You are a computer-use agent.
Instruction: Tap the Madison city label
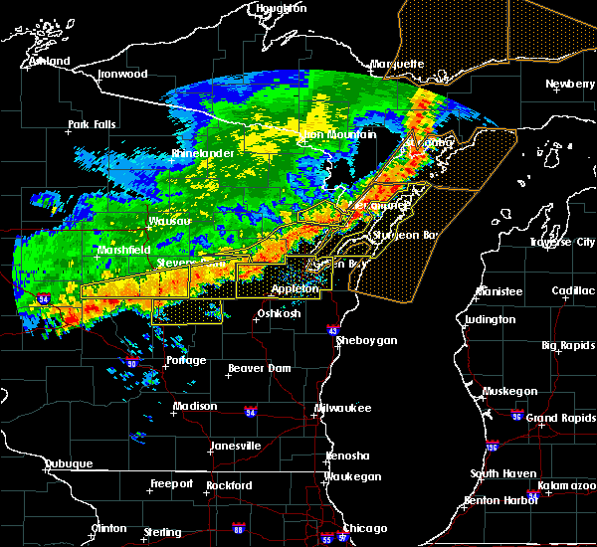[194, 407]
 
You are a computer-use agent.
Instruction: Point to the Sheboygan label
[367, 341]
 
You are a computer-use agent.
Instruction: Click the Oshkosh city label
[280, 314]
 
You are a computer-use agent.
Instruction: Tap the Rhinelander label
[201, 154]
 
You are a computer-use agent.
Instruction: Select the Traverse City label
[564, 243]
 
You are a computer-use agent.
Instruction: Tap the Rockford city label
[229, 486]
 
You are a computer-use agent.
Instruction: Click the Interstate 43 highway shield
[332, 331]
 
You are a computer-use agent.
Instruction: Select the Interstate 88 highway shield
[238, 528]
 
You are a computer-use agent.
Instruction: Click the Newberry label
[569, 85]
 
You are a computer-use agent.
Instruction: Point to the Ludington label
[490, 320]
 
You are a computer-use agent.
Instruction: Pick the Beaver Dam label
[259, 369]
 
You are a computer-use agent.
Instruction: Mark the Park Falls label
[92, 125]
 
